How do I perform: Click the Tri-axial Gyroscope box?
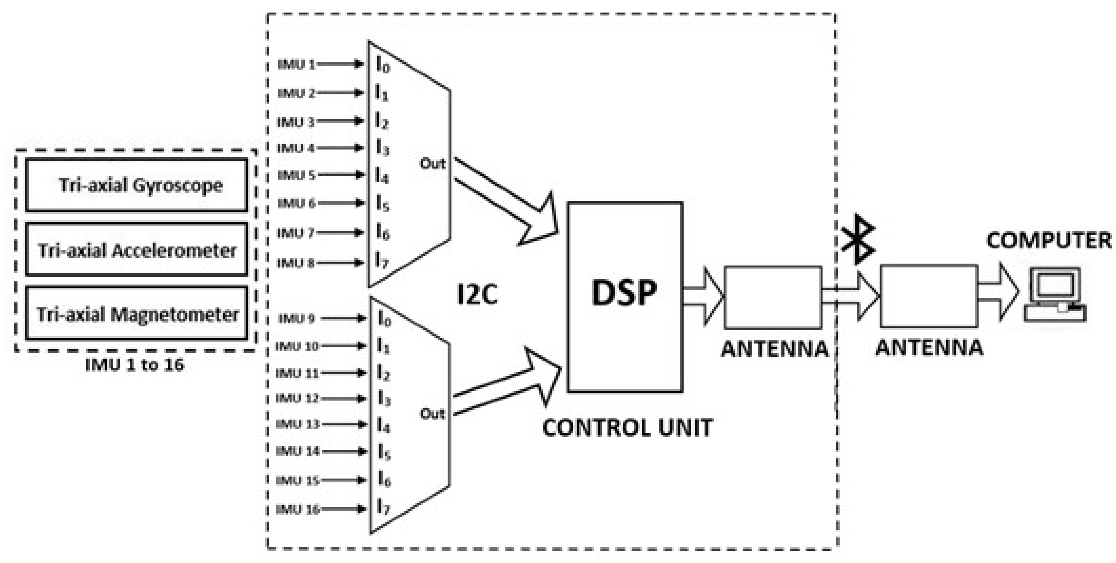tap(137, 185)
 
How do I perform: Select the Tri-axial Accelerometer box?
tap(137, 250)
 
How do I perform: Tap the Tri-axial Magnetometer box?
tap(137, 313)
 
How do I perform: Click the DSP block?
tap(625, 297)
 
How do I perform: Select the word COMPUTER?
tap(1048, 241)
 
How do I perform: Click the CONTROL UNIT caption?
tap(627, 428)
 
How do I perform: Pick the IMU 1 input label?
tap(297, 65)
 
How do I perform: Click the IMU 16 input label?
tap(298, 509)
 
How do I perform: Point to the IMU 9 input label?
tap(297, 319)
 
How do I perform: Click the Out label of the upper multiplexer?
tap(432, 164)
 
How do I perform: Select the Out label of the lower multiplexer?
tap(432, 414)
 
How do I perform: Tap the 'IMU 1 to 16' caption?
tap(135, 365)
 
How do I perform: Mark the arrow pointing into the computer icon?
tap(998, 291)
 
